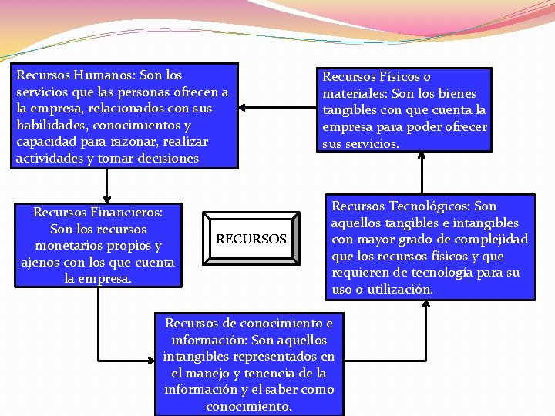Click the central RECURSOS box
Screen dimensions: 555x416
(251, 240)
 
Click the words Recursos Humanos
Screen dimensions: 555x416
(63, 75)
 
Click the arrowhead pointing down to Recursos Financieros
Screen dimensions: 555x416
(106, 195)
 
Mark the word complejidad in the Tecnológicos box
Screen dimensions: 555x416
(490, 240)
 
